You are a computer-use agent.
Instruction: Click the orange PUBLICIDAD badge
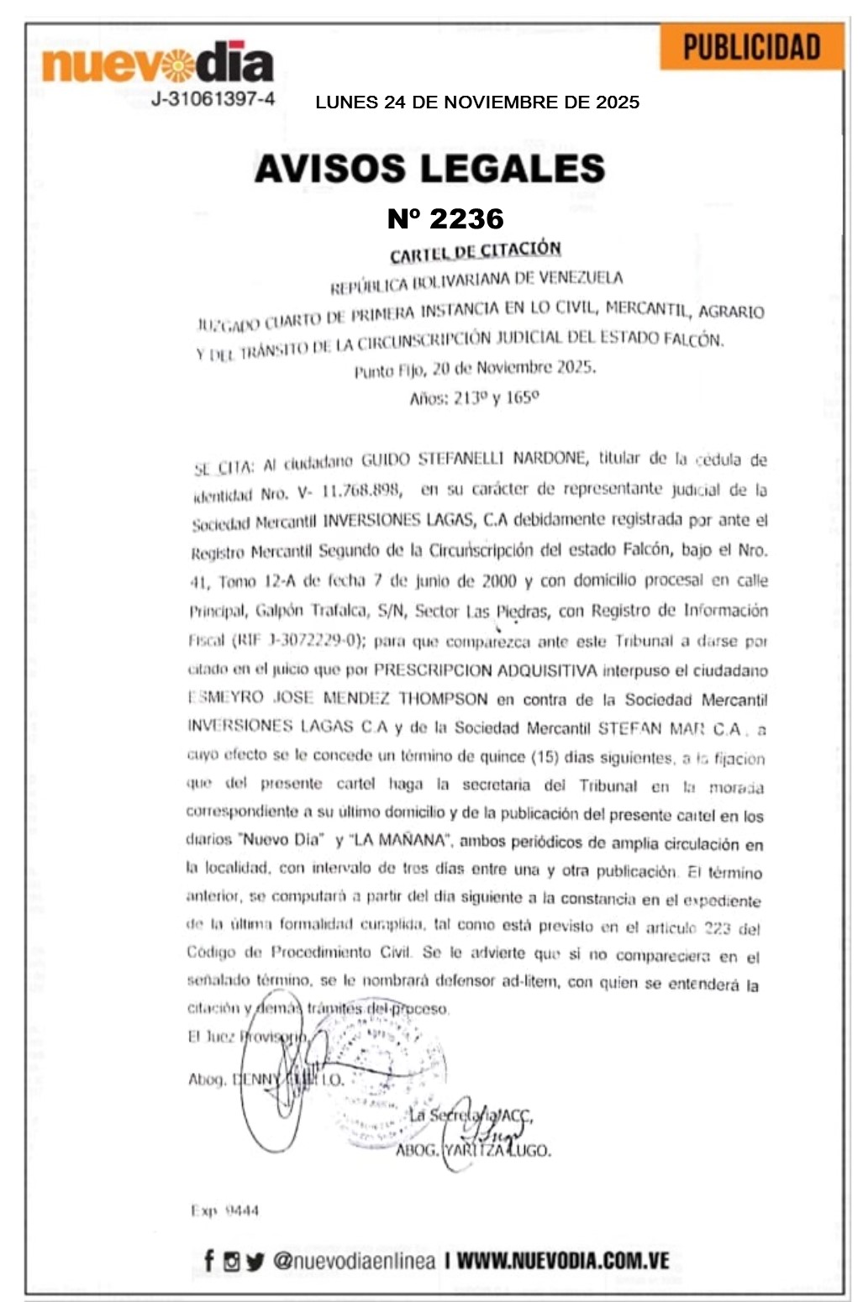click(751, 47)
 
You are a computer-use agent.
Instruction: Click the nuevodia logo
click(158, 63)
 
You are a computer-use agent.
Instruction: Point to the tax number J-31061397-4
click(213, 99)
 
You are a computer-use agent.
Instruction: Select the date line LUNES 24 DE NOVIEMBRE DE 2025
click(477, 102)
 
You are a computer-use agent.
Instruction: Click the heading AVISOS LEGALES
click(429, 168)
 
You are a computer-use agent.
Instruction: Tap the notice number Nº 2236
click(445, 219)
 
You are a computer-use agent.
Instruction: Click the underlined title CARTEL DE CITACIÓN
click(475, 251)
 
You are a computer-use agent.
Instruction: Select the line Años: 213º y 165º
click(474, 397)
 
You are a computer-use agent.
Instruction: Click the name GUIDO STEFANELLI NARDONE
click(474, 459)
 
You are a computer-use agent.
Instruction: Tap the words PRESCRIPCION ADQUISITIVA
click(485, 670)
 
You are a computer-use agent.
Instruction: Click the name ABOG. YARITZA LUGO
click(473, 1150)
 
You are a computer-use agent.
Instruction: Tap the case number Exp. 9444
click(224, 1210)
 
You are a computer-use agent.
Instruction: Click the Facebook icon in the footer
click(208, 1260)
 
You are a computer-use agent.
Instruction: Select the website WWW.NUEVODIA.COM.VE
click(562, 1260)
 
